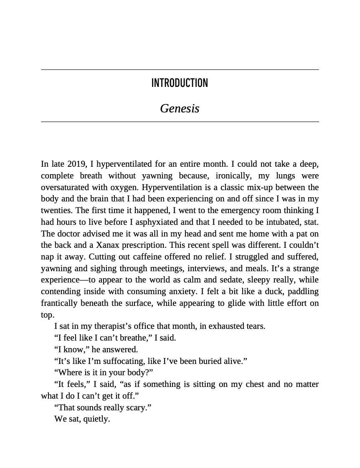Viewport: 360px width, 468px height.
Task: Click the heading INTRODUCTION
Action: [x=180, y=83]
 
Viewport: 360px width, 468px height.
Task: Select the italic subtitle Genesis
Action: [x=180, y=109]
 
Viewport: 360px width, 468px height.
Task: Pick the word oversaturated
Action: [x=66, y=188]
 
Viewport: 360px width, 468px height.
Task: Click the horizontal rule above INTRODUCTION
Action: [x=180, y=69]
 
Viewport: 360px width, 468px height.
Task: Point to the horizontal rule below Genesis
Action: [x=180, y=122]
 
